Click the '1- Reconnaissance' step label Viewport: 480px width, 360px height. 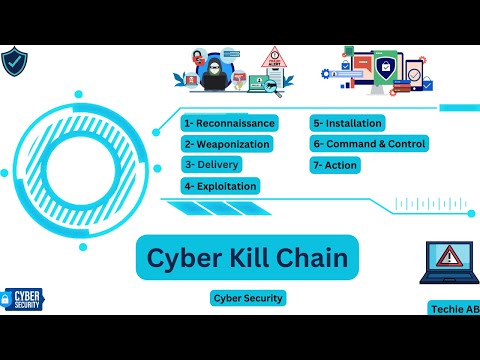click(229, 123)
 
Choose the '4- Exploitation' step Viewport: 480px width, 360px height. click(220, 186)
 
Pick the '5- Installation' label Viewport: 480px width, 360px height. click(347, 123)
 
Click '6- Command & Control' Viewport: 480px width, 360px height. click(369, 144)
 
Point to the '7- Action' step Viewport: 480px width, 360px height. click(335, 165)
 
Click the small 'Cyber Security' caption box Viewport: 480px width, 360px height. click(248, 298)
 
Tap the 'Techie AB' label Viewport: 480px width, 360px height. click(454, 309)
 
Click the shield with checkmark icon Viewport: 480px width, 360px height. click(14, 61)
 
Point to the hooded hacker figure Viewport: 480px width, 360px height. click(212, 76)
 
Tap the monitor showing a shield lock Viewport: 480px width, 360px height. click(386, 72)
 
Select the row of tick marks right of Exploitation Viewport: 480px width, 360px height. click(431, 204)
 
